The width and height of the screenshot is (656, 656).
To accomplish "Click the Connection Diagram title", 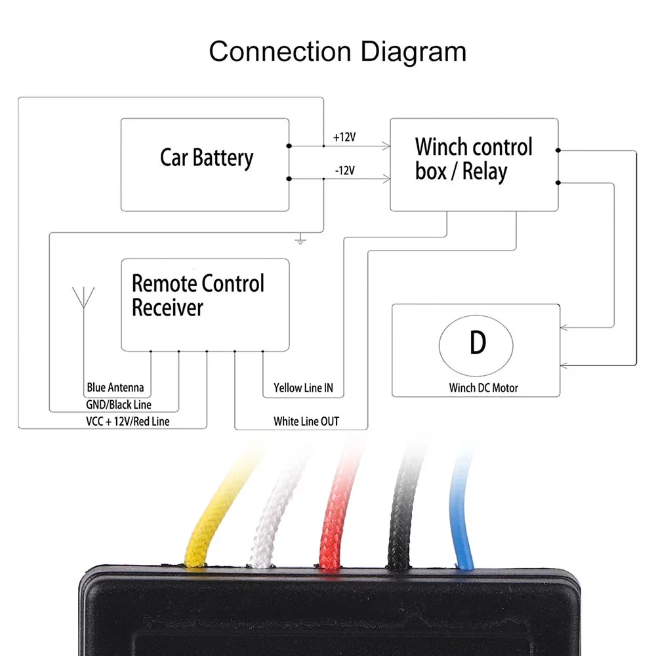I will pos(337,51).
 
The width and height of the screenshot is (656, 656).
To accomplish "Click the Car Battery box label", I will pos(206,158).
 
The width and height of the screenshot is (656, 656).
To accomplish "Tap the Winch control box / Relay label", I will pos(474,159).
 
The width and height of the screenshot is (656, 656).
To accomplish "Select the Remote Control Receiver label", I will pos(197,295).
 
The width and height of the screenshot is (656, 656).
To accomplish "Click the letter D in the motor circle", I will pos(477,342).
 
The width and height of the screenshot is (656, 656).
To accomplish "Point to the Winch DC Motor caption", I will pos(483,388).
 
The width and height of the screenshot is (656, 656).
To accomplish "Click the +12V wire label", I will pos(344,138).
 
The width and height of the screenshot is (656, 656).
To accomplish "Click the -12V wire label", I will pos(344,171).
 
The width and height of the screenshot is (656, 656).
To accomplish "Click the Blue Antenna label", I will pos(115,388).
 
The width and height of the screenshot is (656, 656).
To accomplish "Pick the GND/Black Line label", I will pos(119,405).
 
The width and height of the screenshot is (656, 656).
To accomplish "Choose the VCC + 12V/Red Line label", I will pos(128,421).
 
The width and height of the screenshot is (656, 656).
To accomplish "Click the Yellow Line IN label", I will pos(303,388).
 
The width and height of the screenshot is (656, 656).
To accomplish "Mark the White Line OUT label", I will pos(306,421).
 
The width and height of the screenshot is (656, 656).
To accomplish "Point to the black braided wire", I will pos(401,518).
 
